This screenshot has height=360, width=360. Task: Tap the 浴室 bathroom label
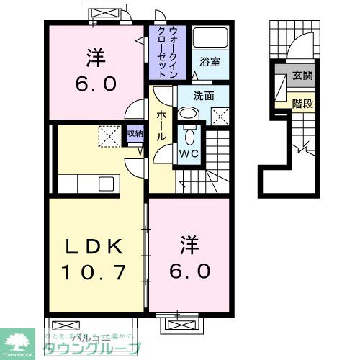pyautogui.click(x=210, y=63)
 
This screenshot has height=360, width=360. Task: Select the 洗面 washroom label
pyautogui.click(x=204, y=96)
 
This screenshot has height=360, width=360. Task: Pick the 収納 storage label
pyautogui.click(x=135, y=132)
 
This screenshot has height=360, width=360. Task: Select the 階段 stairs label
pyautogui.click(x=303, y=103)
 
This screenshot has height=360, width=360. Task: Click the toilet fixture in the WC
pyautogui.click(x=189, y=134)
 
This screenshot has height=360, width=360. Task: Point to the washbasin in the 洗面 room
pyautogui.click(x=189, y=114)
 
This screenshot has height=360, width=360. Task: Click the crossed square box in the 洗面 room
pyautogui.click(x=220, y=114)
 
